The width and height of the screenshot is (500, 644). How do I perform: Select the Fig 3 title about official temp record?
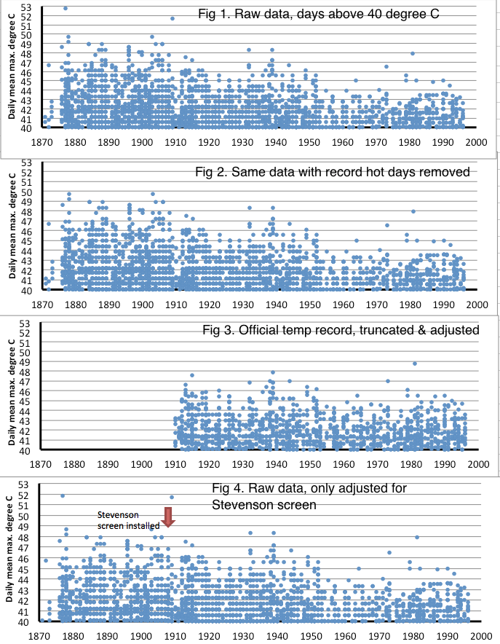(341, 331)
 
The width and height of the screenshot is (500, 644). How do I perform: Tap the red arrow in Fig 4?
(168, 519)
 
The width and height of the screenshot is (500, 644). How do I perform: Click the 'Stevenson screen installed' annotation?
(127, 518)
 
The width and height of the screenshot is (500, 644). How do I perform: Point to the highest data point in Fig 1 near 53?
(66, 8)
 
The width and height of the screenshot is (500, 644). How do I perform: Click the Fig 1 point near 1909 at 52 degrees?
(172, 18)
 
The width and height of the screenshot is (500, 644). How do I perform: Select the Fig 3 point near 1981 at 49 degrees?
(415, 364)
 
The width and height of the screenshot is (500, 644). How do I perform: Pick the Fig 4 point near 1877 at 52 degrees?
(63, 495)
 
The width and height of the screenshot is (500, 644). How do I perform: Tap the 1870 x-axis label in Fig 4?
(41, 635)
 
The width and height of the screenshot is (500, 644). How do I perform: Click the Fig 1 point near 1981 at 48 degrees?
(413, 53)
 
